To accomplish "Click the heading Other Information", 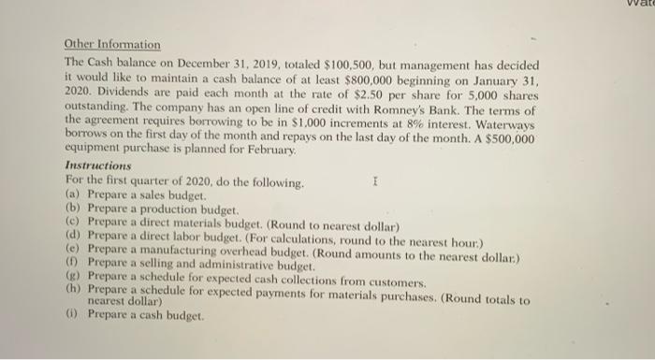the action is pos(112,44).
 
